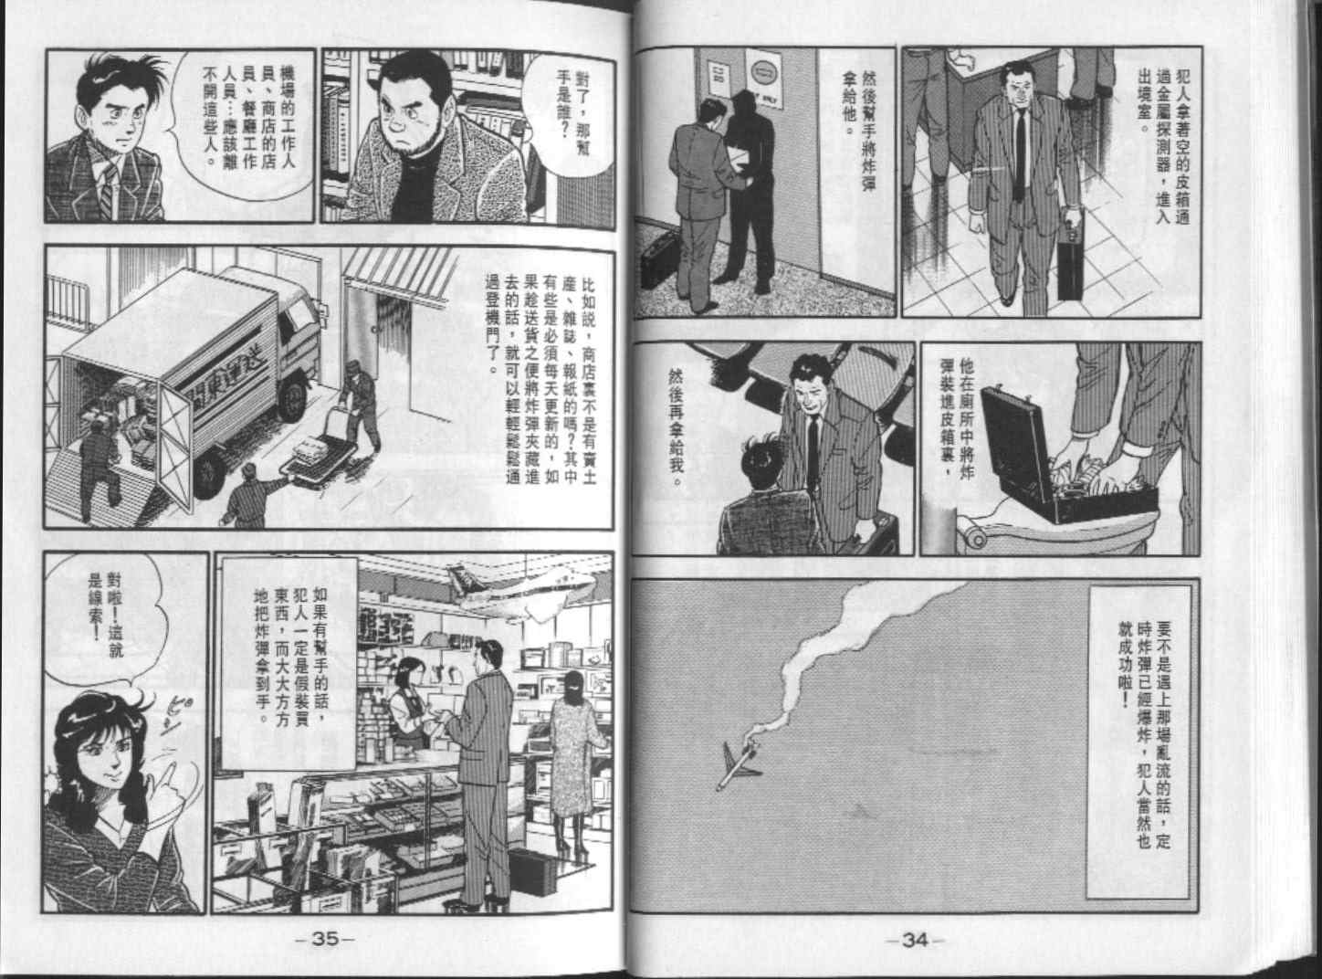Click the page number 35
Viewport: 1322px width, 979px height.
point(325,940)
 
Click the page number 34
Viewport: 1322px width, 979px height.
point(915,941)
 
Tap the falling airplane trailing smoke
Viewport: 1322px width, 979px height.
point(740,765)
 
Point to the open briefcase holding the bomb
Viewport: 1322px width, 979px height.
point(1067,459)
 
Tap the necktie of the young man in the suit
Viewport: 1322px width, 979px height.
point(108,191)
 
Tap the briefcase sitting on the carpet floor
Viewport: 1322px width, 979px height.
point(660,259)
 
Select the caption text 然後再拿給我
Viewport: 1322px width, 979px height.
point(676,428)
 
